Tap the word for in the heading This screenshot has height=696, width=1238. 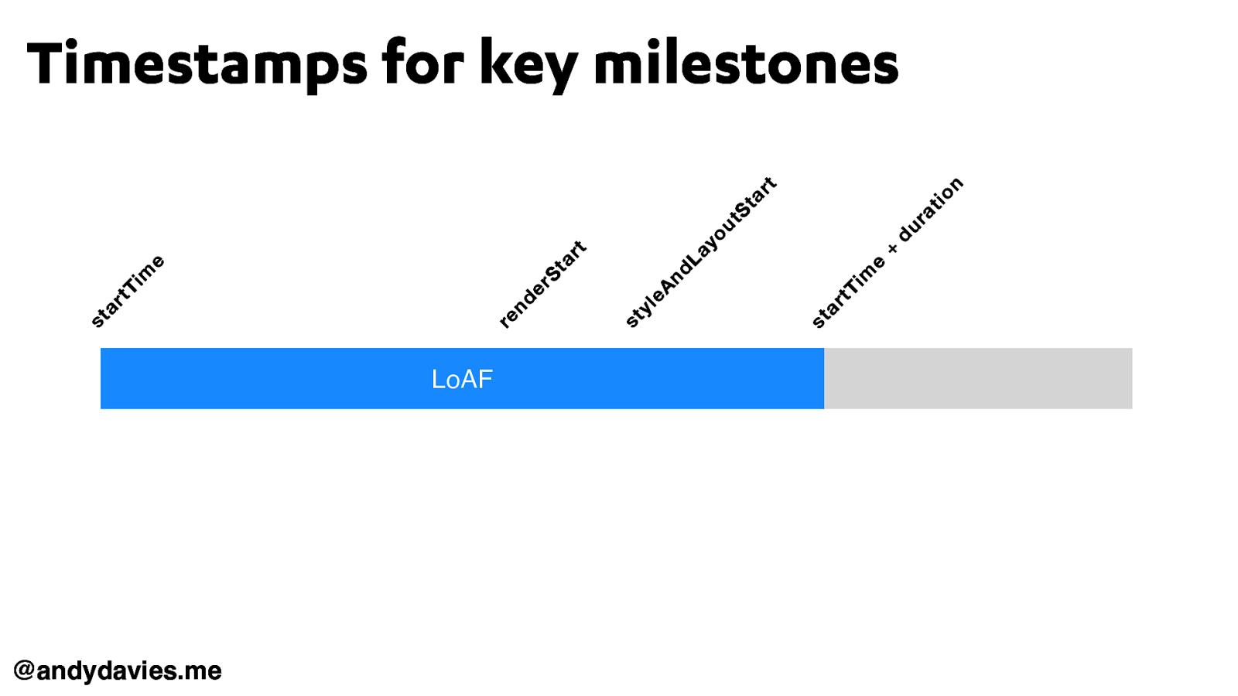pyautogui.click(x=423, y=61)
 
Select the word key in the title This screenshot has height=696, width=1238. pyautogui.click(x=529, y=65)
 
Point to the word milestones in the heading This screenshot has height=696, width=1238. pyautogui.click(x=746, y=61)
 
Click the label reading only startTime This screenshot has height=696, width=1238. pyautogui.click(x=127, y=291)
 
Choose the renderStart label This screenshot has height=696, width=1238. pyautogui.click(x=542, y=285)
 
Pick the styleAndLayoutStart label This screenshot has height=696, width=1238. pyautogui.click(x=701, y=252)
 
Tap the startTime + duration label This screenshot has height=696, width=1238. pyautogui.click(x=887, y=252)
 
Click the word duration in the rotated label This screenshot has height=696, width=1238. pyautogui.click(x=932, y=210)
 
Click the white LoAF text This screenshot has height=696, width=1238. pyautogui.click(x=462, y=380)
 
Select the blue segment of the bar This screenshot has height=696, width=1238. pyautogui.click(x=462, y=378)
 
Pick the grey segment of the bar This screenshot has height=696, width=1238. pyautogui.click(x=978, y=378)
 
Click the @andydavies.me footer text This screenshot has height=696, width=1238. pyautogui.click(x=117, y=670)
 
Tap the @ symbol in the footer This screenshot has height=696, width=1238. pyautogui.click(x=24, y=670)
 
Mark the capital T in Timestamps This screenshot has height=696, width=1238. pyautogui.click(x=46, y=63)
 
